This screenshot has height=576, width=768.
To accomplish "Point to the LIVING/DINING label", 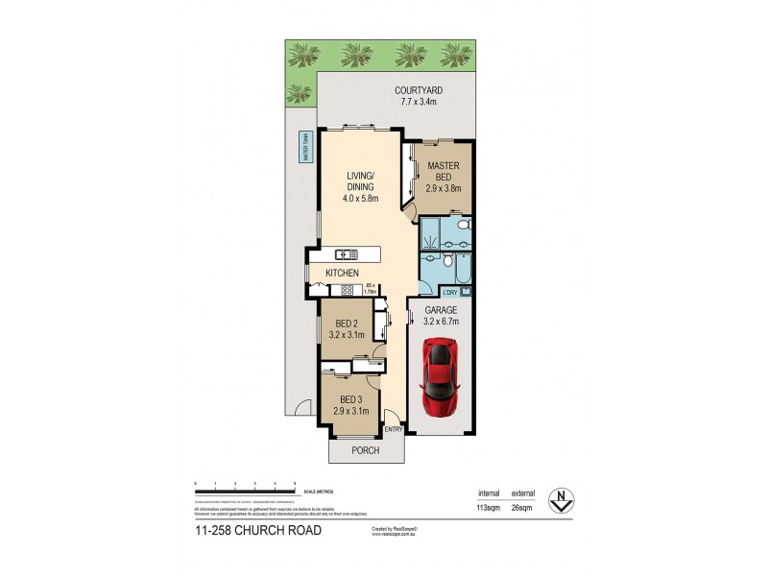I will coord(362,181).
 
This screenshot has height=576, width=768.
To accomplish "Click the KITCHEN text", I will coord(342,274).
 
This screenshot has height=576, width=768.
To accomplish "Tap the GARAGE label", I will coord(441,311).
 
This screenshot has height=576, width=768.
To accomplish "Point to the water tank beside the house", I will coord(305,153).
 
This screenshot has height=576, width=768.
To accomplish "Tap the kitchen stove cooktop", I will coord(347,288).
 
